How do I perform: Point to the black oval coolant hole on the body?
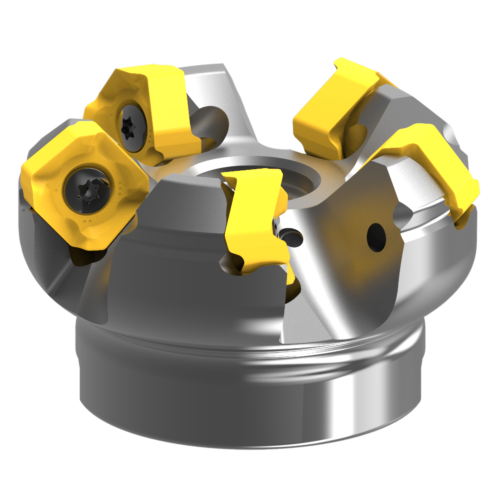pyautogui.click(x=376, y=237)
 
